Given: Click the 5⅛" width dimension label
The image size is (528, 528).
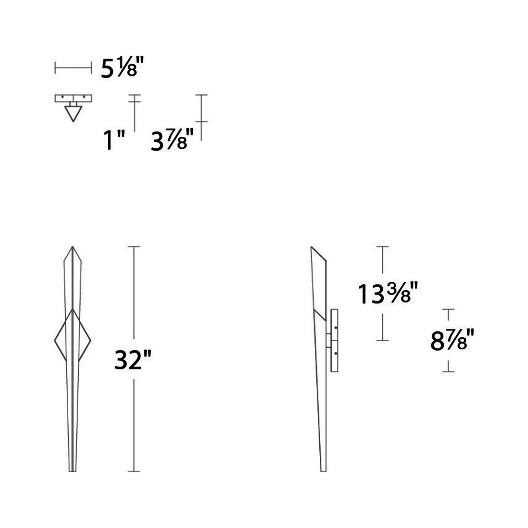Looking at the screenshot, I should pyautogui.click(x=122, y=68).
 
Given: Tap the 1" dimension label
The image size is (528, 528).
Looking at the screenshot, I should pyautogui.click(x=114, y=141).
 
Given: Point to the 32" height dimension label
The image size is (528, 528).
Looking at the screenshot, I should pyautogui.click(x=133, y=360).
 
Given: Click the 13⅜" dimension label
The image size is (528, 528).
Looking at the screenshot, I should pyautogui.click(x=387, y=294).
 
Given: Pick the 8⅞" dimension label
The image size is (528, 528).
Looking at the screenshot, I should pyautogui.click(x=452, y=341).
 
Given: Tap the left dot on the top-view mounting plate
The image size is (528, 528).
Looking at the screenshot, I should pyautogui.click(x=63, y=97).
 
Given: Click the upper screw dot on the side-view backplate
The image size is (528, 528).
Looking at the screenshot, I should pyautogui.click(x=336, y=327).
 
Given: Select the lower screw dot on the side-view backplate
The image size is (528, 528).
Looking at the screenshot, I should pyautogui.click(x=336, y=354).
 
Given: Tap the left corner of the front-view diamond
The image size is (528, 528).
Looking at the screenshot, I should pyautogui.click(x=55, y=341).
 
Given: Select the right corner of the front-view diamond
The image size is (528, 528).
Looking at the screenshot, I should pyautogui.click(x=90, y=341).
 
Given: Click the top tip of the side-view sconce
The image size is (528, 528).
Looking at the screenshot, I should pyautogui.click(x=311, y=247).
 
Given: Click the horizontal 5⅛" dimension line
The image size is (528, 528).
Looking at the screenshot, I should pyautogui.click(x=73, y=68).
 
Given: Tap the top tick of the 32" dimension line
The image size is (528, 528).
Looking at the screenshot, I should pyautogui.click(x=134, y=247).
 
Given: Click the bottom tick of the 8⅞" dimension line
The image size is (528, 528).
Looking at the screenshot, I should pyautogui.click(x=448, y=372).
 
